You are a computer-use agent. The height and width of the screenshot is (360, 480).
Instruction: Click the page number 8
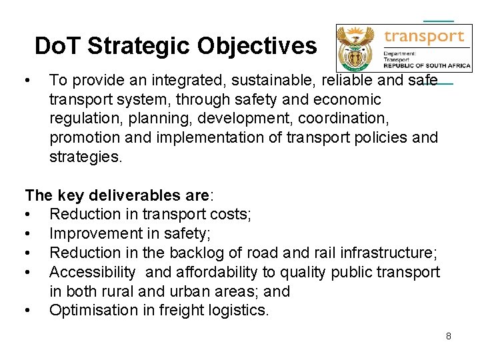click(x=449, y=336)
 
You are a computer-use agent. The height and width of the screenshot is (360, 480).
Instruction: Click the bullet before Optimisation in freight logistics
click(x=28, y=310)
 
